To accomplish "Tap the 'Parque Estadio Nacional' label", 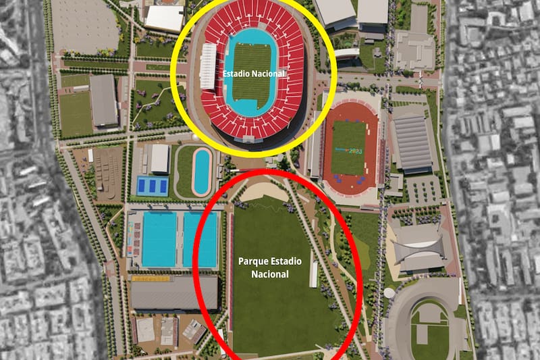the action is coord(270,267).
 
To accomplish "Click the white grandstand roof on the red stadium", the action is coord(208,66).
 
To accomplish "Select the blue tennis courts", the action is coord(152,184).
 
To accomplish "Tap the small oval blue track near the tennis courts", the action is coord(201,172).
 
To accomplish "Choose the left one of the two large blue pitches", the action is coord(159,239).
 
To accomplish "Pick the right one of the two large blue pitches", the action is coord(200,239).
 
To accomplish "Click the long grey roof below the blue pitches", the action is coord(174,292).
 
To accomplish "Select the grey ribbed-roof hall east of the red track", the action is coord(412,143).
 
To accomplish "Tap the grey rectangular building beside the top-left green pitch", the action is coord(103,99).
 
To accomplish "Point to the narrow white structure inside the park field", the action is coord(313,274).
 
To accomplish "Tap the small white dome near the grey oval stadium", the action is coord(389,292).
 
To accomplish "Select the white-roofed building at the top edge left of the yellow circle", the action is coord(164,17).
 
